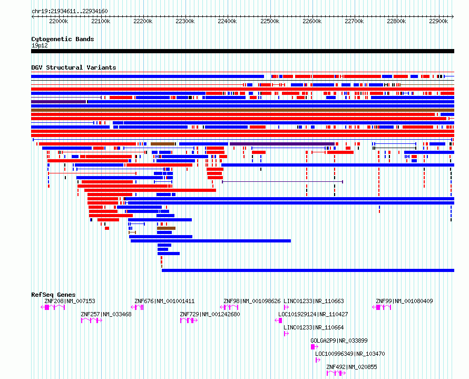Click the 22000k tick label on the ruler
(58, 21)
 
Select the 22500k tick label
(270, 21)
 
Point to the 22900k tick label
(438, 21)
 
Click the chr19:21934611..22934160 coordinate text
(70, 12)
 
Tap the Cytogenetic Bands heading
(63, 39)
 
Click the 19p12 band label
(40, 45)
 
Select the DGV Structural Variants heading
(74, 67)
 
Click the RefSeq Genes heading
(53, 295)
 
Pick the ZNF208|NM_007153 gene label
(70, 301)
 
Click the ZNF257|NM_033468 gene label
(106, 314)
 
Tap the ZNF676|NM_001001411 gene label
(164, 301)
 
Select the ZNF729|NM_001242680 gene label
(210, 314)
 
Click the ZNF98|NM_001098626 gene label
(252, 301)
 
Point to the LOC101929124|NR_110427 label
(313, 314)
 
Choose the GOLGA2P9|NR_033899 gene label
(339, 341)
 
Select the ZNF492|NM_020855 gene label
(352, 367)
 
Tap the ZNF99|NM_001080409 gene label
(404, 301)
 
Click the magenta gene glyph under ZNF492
(336, 373)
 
